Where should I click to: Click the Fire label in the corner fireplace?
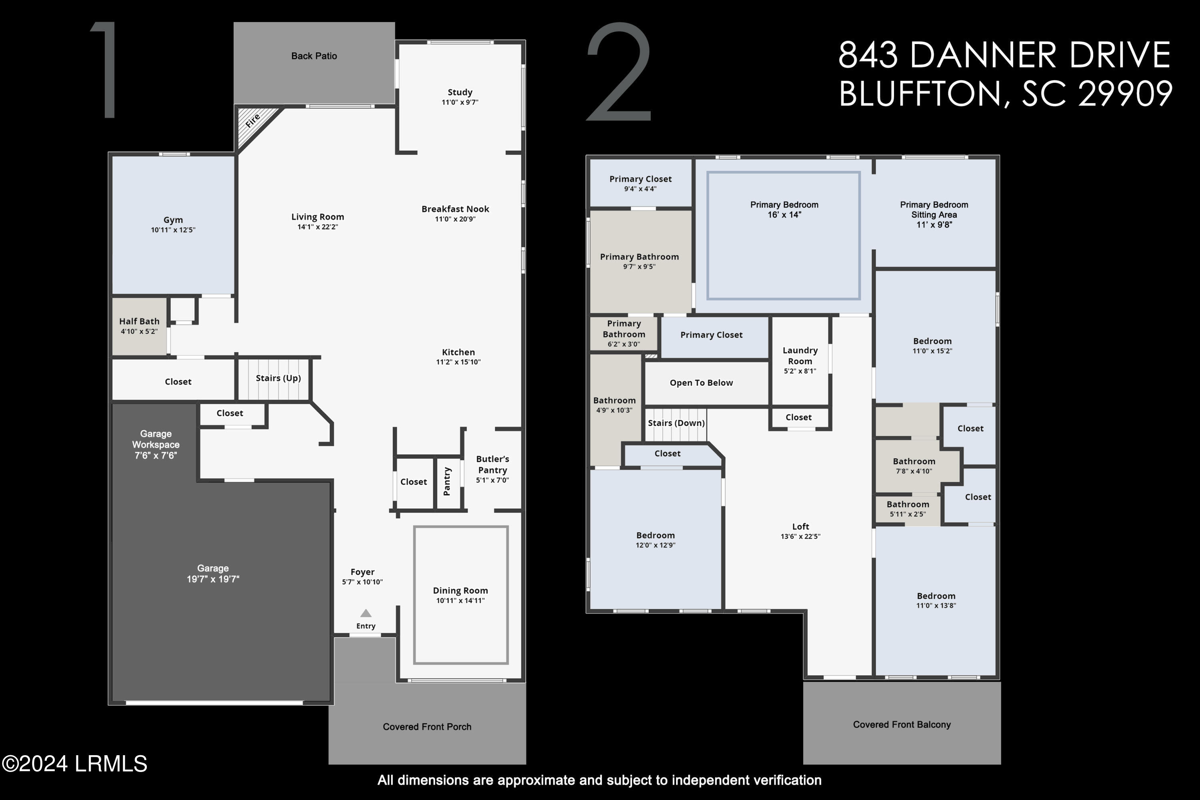click(253, 121)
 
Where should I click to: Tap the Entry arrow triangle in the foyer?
click(366, 613)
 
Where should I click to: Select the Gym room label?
click(173, 220)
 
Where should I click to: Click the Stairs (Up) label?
click(278, 378)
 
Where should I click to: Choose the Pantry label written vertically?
click(447, 481)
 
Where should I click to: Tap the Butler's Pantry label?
click(492, 464)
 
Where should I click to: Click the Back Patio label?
click(314, 56)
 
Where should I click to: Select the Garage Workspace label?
click(156, 439)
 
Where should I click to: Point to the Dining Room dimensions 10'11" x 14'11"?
click(460, 601)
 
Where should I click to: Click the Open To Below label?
click(701, 383)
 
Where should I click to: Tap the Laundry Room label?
click(800, 356)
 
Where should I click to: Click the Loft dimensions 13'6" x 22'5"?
click(800, 536)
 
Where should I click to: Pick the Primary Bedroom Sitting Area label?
click(934, 210)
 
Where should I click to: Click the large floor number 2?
click(619, 72)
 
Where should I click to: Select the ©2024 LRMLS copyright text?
click(74, 764)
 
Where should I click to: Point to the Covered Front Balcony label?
click(902, 724)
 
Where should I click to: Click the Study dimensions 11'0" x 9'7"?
click(460, 102)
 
